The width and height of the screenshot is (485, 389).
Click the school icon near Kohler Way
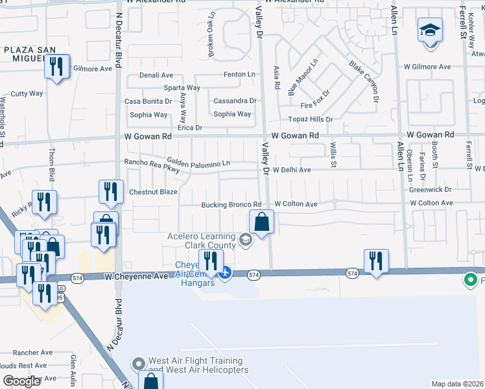point(430,31)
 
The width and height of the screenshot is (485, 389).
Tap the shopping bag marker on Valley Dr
point(261,222)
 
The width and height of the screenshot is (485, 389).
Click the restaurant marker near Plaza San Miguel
point(57,66)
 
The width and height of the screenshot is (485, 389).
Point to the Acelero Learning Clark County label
point(204,241)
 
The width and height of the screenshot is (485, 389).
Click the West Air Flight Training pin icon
point(137,364)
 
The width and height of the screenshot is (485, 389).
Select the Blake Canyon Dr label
point(363,82)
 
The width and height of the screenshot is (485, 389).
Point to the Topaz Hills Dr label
point(311,119)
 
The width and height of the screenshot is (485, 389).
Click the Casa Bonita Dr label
point(148,101)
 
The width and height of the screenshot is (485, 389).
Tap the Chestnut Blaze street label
point(153,192)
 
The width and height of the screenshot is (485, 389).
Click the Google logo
point(22,381)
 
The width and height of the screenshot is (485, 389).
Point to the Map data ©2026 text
point(457,384)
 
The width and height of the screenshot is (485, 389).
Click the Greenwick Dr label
point(430,190)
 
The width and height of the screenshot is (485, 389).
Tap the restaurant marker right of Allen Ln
point(376,261)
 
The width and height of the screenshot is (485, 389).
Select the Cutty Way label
point(27,93)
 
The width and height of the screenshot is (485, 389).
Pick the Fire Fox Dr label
point(315,105)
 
